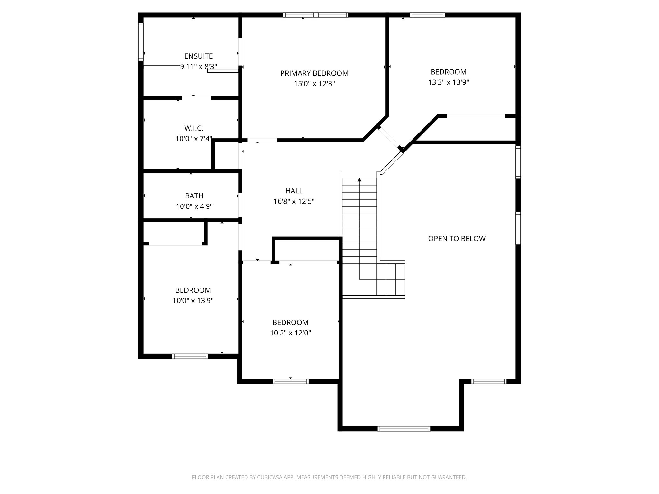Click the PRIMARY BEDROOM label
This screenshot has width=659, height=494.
[x=314, y=73]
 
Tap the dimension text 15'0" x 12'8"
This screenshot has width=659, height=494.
[x=314, y=84]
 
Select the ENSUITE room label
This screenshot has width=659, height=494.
[x=199, y=56]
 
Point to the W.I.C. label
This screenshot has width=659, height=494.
[x=194, y=128]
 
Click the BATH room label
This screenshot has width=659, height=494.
[x=194, y=196]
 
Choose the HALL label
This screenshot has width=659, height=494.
[x=294, y=191]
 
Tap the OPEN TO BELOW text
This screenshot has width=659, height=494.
[x=457, y=239]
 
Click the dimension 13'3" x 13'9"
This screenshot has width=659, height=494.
[x=448, y=82]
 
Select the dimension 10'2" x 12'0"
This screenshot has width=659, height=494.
[x=290, y=333]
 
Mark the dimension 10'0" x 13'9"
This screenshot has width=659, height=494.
[x=193, y=301]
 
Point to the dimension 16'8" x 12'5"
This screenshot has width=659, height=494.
[x=294, y=202]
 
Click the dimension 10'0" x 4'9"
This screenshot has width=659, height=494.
[x=194, y=206]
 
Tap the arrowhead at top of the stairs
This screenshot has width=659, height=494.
[x=359, y=180]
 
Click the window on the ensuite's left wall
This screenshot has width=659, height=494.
[x=141, y=41]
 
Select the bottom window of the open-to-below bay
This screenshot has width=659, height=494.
[x=404, y=428]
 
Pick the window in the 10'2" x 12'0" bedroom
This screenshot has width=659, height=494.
[x=291, y=381]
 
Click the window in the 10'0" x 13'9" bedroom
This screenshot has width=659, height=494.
[x=190, y=356]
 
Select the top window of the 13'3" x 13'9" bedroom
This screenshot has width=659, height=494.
[x=427, y=15]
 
